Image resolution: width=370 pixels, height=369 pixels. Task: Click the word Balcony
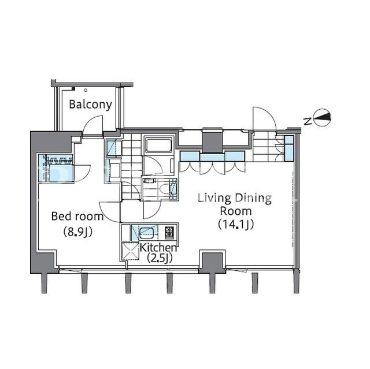(x=90, y=105)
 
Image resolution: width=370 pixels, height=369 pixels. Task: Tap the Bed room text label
(x=77, y=217)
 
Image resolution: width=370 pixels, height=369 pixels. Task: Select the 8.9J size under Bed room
(x=78, y=232)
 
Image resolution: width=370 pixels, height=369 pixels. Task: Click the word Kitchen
(x=158, y=247)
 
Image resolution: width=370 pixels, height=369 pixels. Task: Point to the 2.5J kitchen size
(x=160, y=258)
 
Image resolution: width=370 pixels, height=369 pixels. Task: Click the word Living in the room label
(x=214, y=199)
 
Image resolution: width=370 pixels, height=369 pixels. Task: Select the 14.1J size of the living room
(x=236, y=224)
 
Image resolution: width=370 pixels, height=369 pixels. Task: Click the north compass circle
(x=323, y=117)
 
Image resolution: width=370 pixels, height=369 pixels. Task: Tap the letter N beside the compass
(x=307, y=121)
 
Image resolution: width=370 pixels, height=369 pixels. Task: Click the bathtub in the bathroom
(x=158, y=145)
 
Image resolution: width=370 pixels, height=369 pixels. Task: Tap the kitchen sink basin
(x=148, y=233)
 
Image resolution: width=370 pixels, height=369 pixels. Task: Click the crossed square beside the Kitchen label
(x=130, y=251)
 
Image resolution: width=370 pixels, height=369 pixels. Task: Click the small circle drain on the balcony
(x=86, y=90)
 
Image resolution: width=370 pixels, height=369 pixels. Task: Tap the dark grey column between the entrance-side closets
(x=212, y=141)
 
